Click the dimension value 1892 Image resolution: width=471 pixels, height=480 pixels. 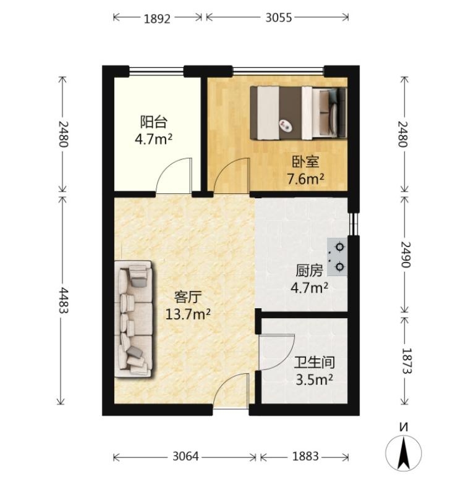point(157,19)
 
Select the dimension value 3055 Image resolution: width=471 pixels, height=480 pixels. point(278,18)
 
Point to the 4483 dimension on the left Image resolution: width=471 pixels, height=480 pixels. point(63,300)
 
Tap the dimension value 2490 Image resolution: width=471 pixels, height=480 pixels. point(405,255)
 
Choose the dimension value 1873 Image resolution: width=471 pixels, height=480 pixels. point(406,361)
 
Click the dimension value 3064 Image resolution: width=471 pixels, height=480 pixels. point(185,457)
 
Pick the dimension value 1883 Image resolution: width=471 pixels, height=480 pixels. point(305,457)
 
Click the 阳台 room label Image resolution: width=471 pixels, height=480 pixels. point(154,122)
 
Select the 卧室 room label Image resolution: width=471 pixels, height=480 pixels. point(305,162)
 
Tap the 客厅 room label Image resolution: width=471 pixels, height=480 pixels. point(188,297)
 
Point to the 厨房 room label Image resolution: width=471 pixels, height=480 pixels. point(309,271)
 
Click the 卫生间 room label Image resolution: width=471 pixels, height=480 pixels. point(315,363)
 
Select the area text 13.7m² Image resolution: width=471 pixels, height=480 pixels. point(188,314)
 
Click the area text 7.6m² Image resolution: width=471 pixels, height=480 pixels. point(305,179)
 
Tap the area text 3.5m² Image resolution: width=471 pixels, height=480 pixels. point(315,379)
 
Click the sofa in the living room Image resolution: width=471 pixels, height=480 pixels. point(134,319)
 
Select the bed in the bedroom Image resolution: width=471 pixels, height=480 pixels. point(299,113)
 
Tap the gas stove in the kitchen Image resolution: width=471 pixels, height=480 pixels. point(337,257)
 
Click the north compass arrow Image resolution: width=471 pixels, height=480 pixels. point(404,453)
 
